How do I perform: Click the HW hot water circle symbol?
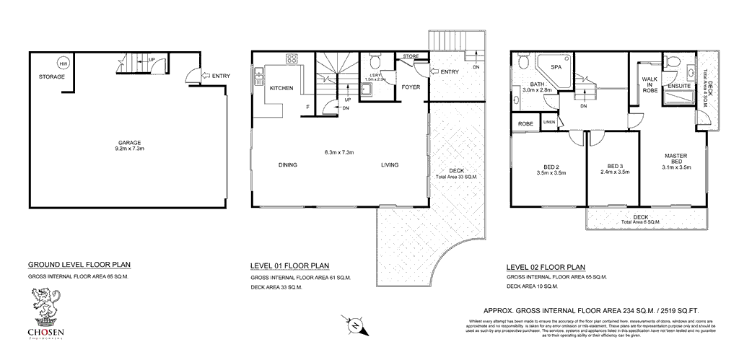(64, 62)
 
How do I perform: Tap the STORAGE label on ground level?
(52, 76)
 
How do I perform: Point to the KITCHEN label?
(281, 88)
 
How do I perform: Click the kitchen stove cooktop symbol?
(292, 60)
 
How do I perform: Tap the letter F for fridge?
(308, 107)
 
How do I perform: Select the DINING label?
(288, 165)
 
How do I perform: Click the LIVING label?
(390, 165)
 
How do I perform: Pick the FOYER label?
(411, 88)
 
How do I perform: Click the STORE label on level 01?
(411, 56)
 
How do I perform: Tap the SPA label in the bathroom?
(556, 67)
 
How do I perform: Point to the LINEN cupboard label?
(548, 123)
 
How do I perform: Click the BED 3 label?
(615, 165)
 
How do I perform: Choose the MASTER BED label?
(675, 159)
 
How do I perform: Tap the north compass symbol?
(355, 325)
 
